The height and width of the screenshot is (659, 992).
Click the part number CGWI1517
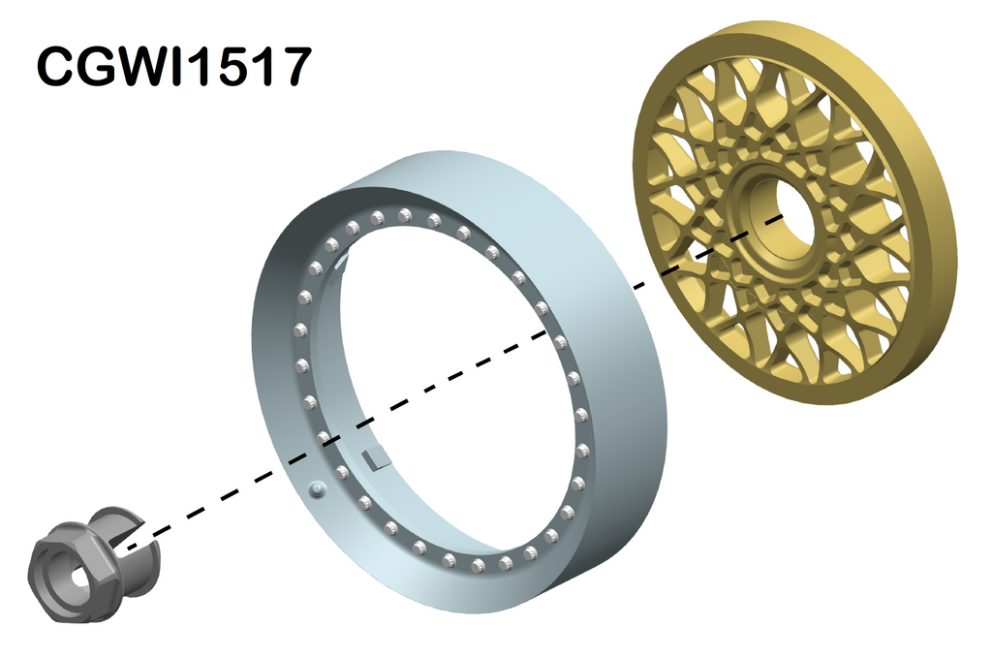(174, 68)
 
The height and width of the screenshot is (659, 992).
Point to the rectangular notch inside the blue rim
(373, 457)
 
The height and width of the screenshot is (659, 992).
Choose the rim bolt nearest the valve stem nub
(342, 473)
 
